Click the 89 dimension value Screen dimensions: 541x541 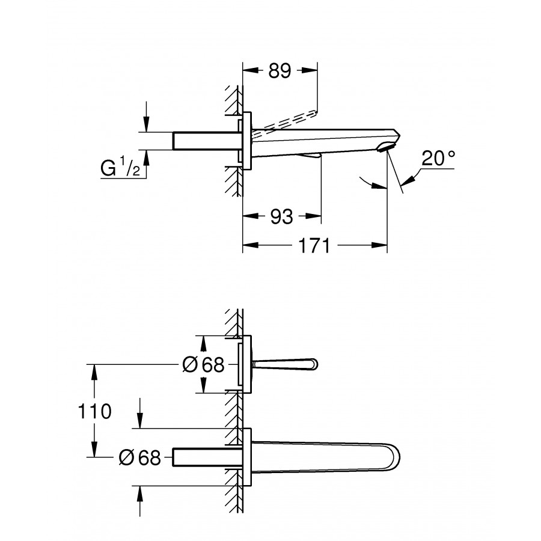280,71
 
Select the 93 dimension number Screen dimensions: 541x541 281,216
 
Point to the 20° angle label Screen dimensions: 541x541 438,159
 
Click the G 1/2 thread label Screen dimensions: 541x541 120,169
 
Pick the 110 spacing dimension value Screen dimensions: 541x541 94,412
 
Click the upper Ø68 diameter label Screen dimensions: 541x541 203,364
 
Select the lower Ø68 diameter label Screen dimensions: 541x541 140,458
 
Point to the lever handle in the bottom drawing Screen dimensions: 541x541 286,364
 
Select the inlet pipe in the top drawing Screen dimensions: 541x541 204,141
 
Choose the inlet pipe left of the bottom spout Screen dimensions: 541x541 204,457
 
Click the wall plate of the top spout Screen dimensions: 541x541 246,141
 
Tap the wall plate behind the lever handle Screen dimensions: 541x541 246,364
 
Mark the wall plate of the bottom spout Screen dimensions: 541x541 246,457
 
